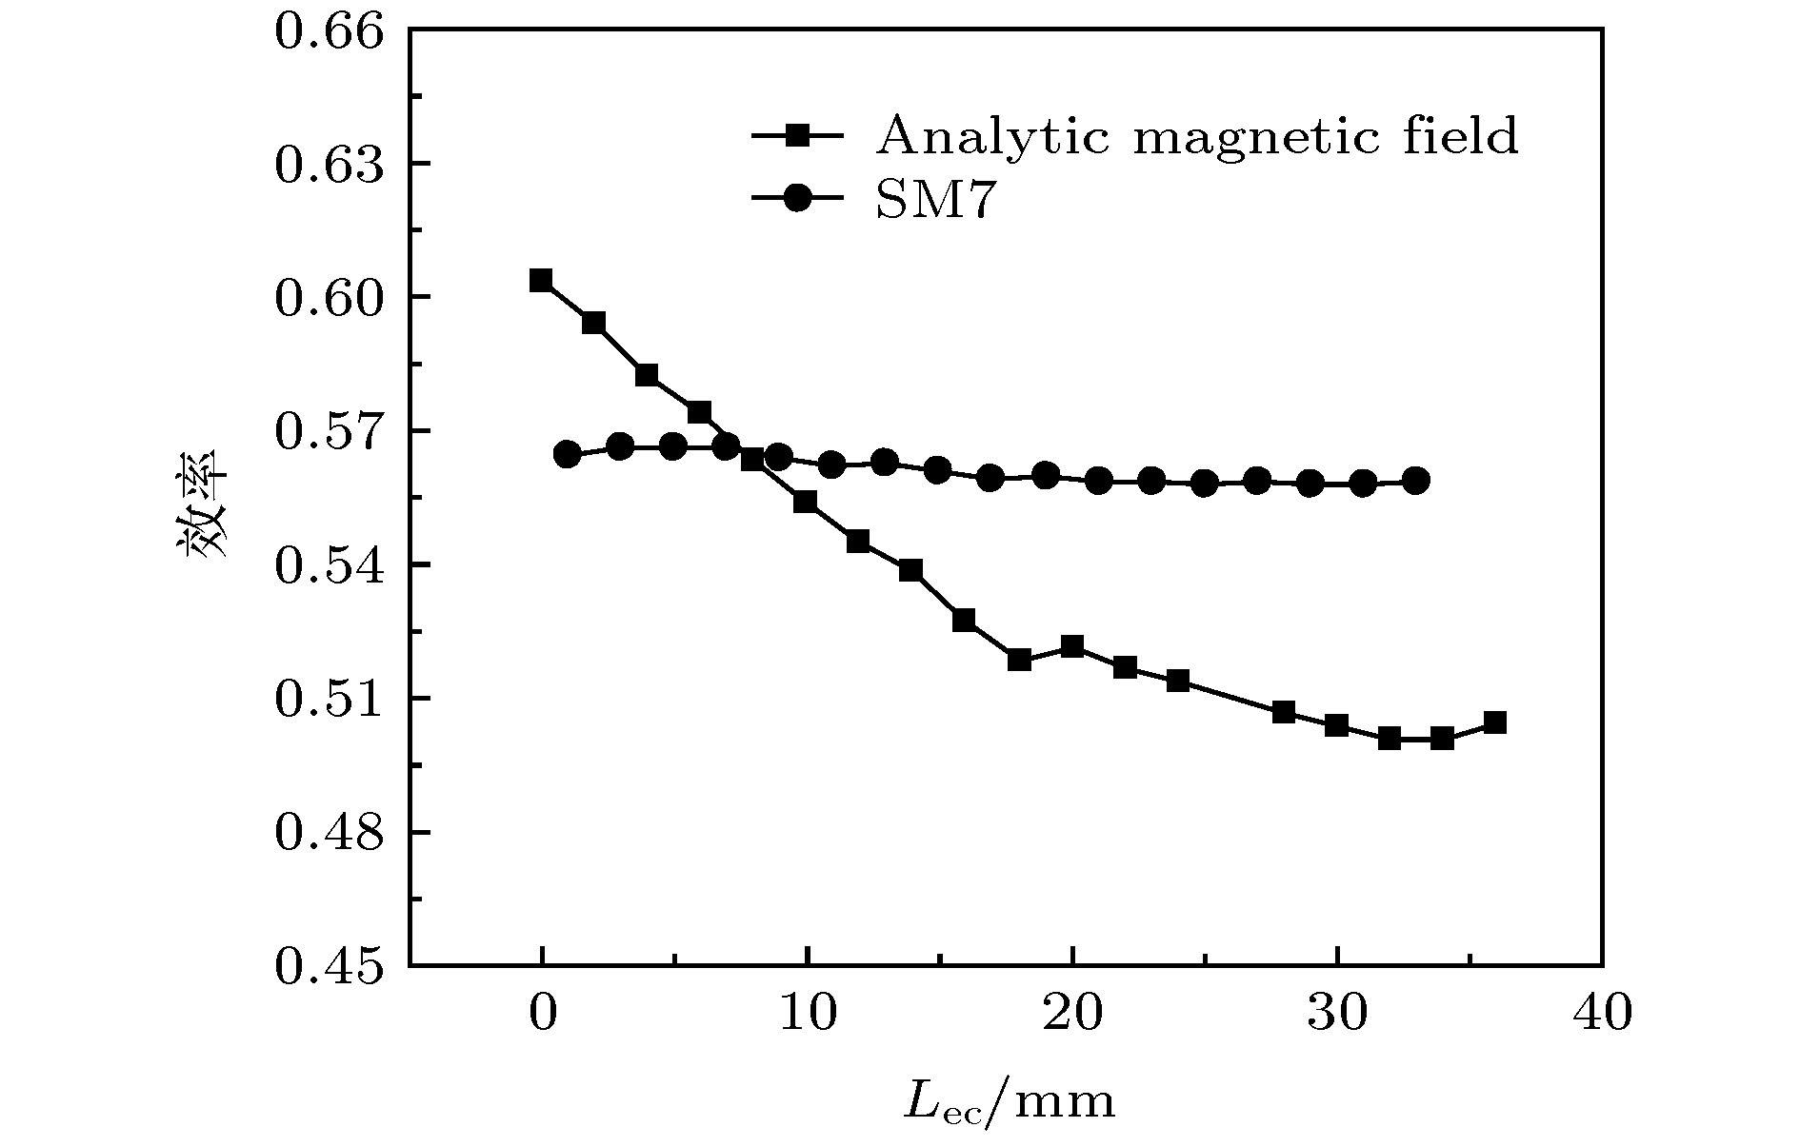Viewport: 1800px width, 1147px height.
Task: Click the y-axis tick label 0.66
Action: tap(329, 31)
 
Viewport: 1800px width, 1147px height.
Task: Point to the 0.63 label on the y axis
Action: tap(329, 165)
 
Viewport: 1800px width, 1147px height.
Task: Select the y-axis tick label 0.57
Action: tap(329, 432)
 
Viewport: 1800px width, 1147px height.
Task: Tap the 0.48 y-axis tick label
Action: tap(329, 833)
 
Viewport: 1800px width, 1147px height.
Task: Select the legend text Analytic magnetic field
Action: tap(1196, 136)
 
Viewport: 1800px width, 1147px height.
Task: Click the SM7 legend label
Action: tap(934, 201)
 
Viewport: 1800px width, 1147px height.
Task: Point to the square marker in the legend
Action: tap(797, 136)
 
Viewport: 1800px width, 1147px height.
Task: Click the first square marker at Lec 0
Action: tap(541, 280)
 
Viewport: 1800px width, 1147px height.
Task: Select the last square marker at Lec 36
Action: tap(1495, 722)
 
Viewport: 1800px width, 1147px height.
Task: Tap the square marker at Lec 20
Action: tap(1072, 647)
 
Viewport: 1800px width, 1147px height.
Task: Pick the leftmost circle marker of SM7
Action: tap(568, 454)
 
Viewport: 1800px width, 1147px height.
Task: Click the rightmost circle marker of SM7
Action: tap(1416, 481)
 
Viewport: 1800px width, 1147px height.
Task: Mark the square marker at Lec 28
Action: tap(1284, 712)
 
